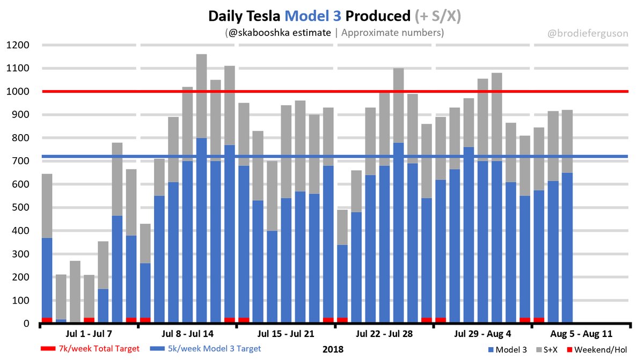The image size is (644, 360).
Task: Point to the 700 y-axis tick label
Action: click(x=19, y=161)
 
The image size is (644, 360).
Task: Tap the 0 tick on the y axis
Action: click(x=26, y=324)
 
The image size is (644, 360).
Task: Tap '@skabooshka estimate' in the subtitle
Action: click(x=279, y=33)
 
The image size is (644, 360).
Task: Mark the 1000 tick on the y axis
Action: click(x=17, y=92)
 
